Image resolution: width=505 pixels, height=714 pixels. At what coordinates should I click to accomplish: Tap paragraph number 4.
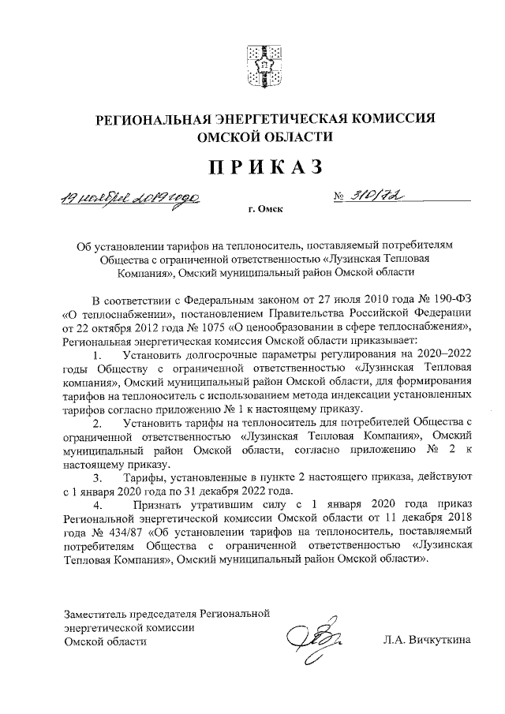[97, 505]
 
